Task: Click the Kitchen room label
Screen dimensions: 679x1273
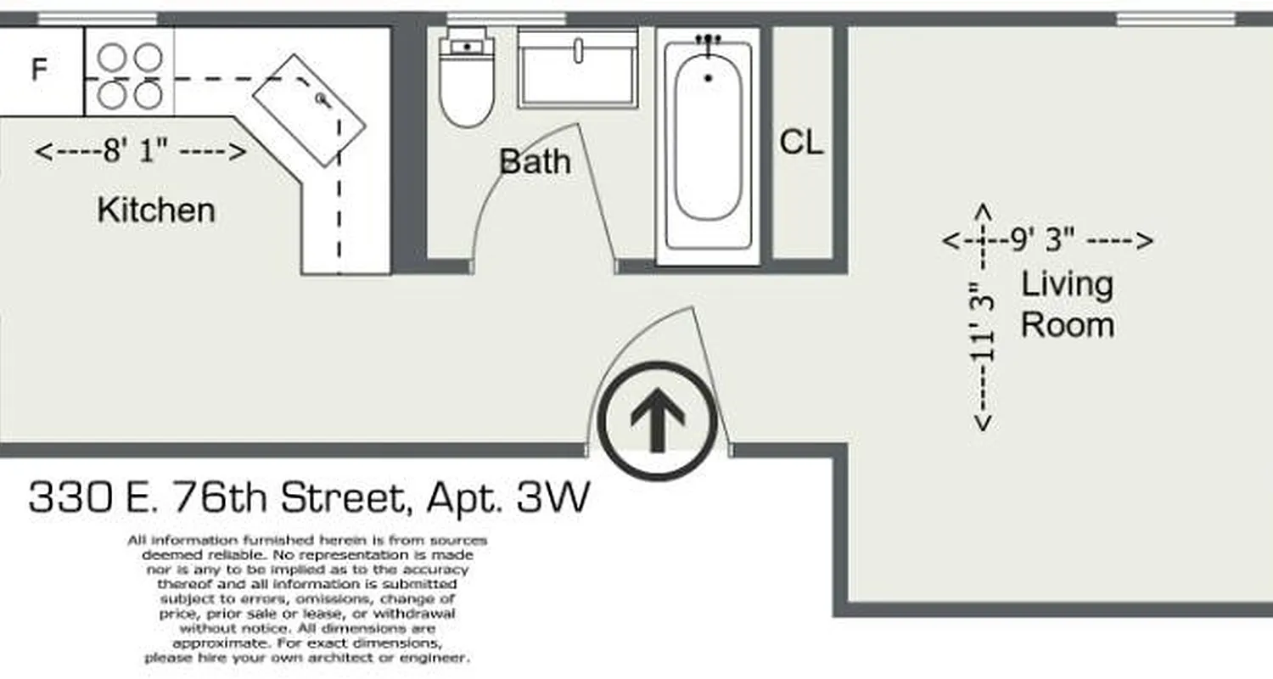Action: pyautogui.click(x=156, y=210)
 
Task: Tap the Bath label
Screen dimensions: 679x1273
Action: pyautogui.click(x=535, y=161)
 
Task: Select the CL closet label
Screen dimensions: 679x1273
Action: pyautogui.click(x=801, y=143)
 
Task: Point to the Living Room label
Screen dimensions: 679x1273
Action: pyautogui.click(x=1067, y=304)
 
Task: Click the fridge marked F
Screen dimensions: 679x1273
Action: pyautogui.click(x=39, y=70)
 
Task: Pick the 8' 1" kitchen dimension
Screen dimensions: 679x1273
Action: pyautogui.click(x=141, y=152)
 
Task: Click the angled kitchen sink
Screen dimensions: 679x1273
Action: pyautogui.click(x=309, y=110)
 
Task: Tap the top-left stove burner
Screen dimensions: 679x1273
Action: pyautogui.click(x=112, y=57)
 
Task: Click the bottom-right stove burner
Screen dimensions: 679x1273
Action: pyautogui.click(x=149, y=95)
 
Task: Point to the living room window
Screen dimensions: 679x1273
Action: pyautogui.click(x=1175, y=19)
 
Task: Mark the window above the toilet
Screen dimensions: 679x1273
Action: pyautogui.click(x=506, y=19)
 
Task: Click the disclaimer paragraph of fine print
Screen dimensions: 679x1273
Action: pyautogui.click(x=307, y=598)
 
